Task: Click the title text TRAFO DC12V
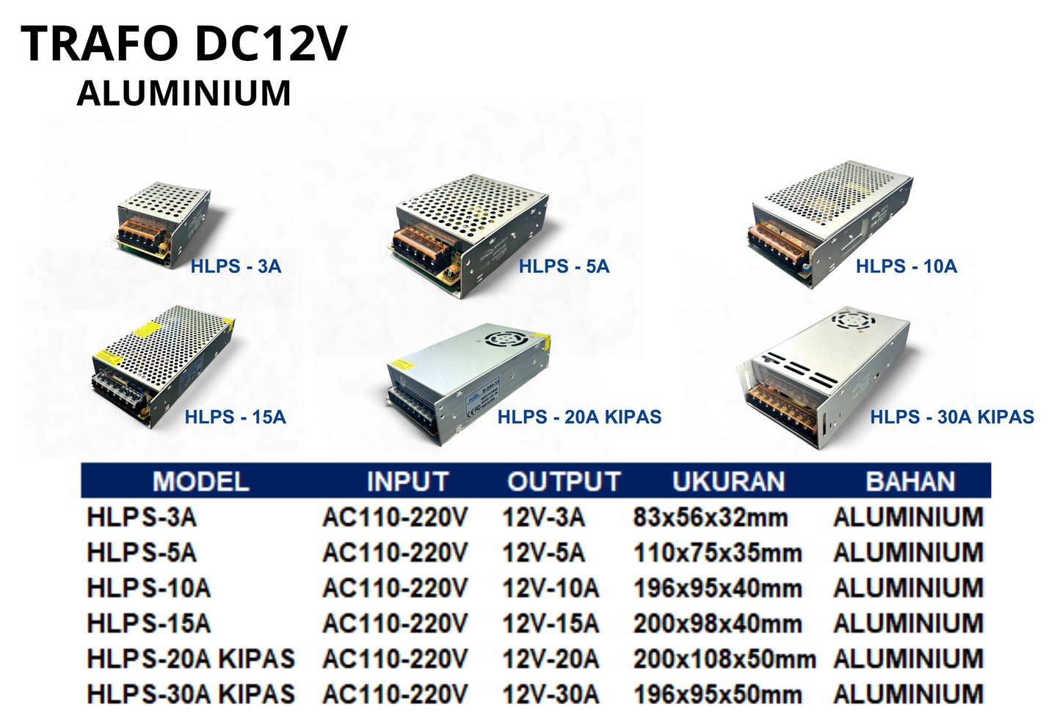coord(184,44)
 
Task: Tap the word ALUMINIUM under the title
coord(184,93)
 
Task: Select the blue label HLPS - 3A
coord(236,266)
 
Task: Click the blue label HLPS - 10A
coord(906,266)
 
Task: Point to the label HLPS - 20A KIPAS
coord(579,417)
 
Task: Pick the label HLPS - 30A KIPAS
coord(951,417)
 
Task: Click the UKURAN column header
coord(728,482)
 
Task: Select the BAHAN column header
coord(910,482)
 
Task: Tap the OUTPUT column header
coord(564,482)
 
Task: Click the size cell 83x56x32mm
coord(710,518)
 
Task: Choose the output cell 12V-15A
coord(550,624)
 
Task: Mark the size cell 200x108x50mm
coord(724,659)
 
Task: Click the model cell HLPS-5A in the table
coord(142,553)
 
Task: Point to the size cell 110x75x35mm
coord(717,553)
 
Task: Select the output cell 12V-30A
coord(550,694)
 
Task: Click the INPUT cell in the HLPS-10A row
coord(394,588)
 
